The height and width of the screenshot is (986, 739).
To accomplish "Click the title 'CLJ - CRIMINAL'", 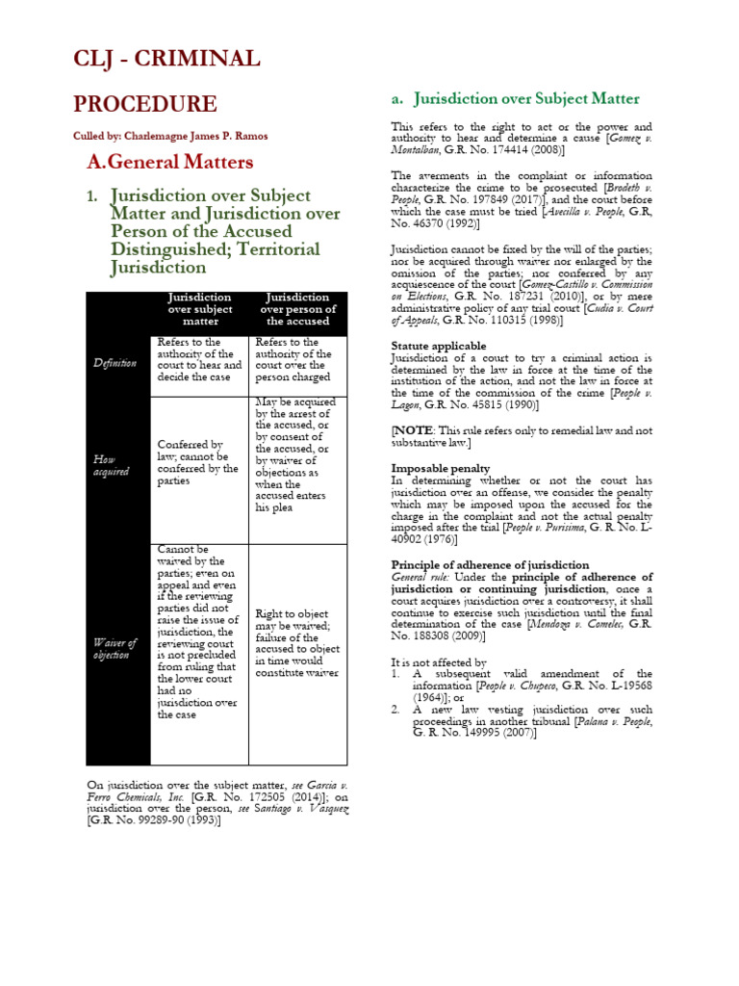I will pos(166,59).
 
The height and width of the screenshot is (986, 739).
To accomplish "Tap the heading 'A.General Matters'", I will pos(169,162).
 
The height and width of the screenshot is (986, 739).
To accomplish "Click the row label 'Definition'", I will pos(115,363).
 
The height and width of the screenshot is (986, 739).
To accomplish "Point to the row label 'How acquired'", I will pos(111,466).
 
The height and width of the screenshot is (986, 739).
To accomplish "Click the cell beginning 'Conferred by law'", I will pos(197,450).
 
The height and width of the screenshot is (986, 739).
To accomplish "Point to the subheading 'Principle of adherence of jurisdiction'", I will pos(490,564).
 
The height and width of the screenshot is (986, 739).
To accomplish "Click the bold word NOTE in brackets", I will pos(415,430).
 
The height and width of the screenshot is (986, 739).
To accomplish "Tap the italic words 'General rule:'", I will pos(419,577).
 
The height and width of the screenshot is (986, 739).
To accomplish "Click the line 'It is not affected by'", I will pos(439,662).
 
